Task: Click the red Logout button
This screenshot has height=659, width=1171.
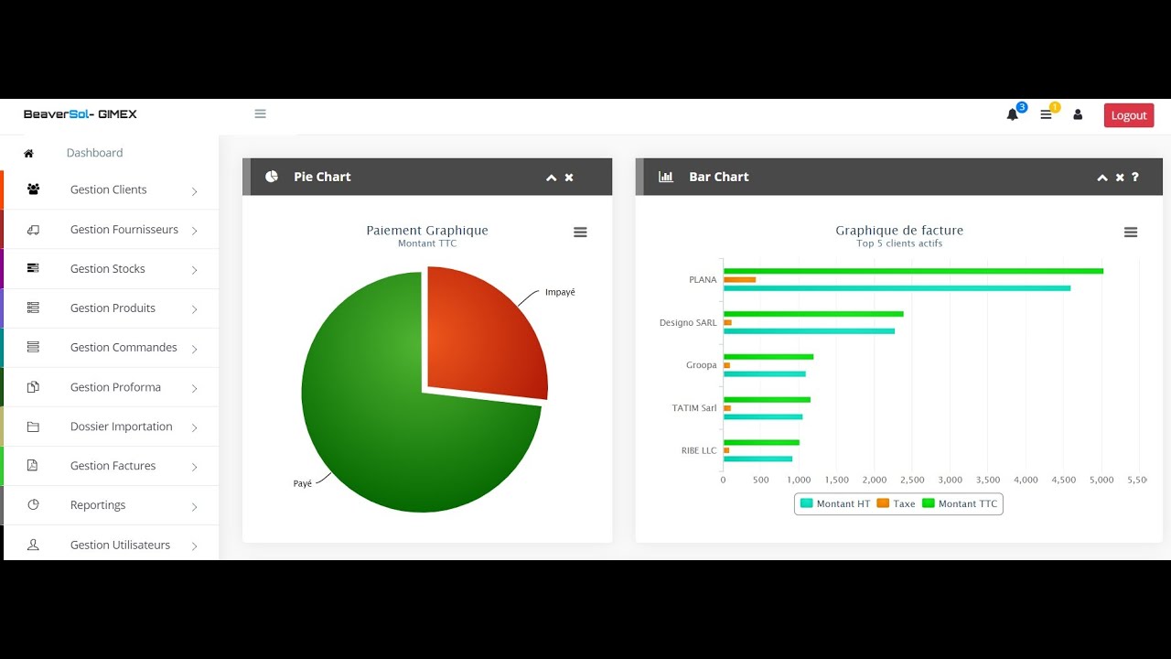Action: [x=1129, y=115]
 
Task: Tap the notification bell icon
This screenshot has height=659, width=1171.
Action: [x=1012, y=114]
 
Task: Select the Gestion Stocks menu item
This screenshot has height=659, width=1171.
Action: [x=108, y=268]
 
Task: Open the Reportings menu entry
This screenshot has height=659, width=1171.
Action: [x=98, y=504]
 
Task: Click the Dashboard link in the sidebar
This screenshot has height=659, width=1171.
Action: [x=94, y=153]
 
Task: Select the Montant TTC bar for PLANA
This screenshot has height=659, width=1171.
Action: [x=913, y=271]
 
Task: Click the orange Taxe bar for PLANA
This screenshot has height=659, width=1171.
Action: [x=740, y=280]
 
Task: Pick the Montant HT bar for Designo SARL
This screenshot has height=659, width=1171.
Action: [x=809, y=331]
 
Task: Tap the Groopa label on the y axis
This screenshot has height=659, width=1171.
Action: [x=701, y=365]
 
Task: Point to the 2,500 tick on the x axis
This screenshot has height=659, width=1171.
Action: [x=912, y=480]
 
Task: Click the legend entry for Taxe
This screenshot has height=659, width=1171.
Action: [x=896, y=503]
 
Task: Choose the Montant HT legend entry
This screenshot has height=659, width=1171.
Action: [x=835, y=503]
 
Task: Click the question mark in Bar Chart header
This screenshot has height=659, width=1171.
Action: [x=1135, y=177]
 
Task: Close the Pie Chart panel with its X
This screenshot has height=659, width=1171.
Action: [x=569, y=178]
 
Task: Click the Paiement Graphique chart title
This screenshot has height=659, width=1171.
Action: [x=427, y=230]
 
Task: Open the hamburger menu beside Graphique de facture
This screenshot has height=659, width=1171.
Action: [x=1131, y=232]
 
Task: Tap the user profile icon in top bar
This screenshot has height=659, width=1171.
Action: [x=1078, y=114]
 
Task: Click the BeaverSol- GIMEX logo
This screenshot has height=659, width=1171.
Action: [x=80, y=114]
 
